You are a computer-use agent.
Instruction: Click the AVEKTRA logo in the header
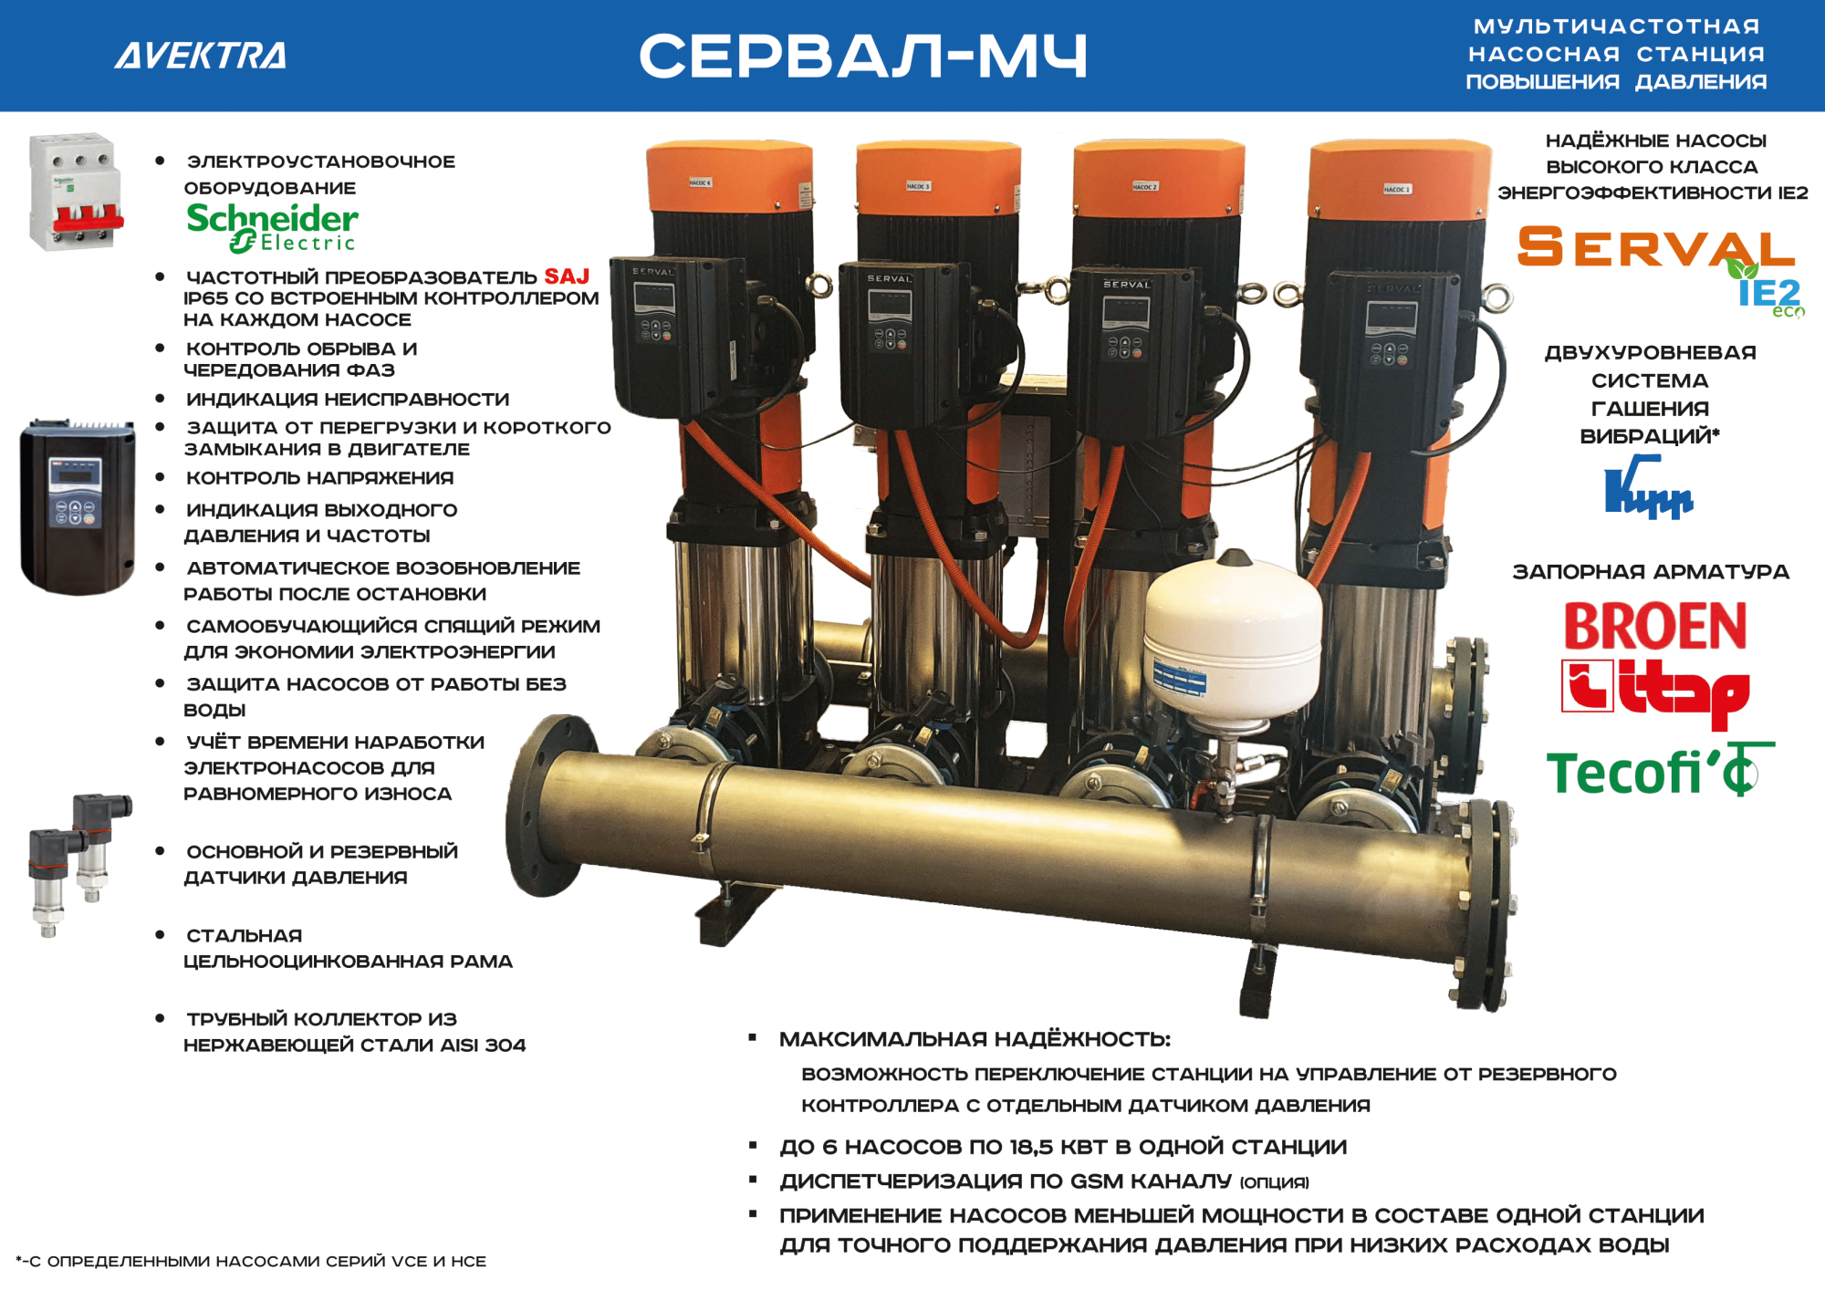point(201,56)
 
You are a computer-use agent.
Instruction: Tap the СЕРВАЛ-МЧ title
point(863,56)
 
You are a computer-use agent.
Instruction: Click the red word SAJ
point(567,276)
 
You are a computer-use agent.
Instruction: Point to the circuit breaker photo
point(76,192)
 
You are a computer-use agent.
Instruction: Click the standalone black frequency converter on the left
point(78,506)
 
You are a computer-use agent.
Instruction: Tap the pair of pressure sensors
point(79,863)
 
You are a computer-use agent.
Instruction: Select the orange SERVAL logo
point(1655,247)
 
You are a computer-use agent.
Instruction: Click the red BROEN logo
point(1655,626)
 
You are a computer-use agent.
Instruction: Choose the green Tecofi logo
point(1659,772)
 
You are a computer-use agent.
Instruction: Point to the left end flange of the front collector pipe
point(545,806)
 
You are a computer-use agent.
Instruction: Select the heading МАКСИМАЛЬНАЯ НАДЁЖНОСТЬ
point(975,1039)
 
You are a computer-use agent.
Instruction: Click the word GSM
point(1096,1181)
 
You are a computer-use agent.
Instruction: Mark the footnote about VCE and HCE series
point(251,1262)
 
